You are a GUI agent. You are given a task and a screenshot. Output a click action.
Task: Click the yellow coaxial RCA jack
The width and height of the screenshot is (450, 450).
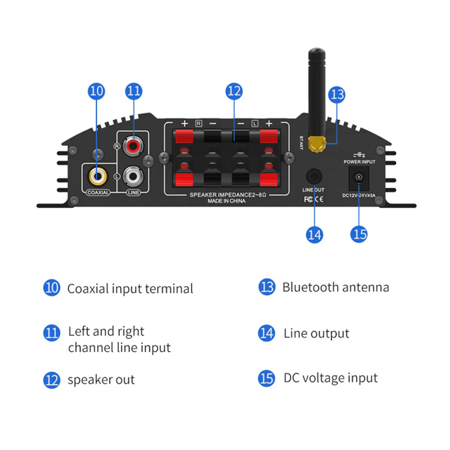pyautogui.click(x=97, y=176)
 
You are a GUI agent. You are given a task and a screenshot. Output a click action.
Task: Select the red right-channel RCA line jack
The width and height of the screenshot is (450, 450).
pyautogui.click(x=133, y=146)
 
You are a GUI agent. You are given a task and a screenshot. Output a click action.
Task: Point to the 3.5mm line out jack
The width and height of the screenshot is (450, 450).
pyautogui.click(x=314, y=177)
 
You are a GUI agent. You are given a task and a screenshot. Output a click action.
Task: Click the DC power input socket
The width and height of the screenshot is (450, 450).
pyautogui.click(x=359, y=178)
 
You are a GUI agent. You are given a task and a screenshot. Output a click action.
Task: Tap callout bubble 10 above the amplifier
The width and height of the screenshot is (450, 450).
pyautogui.click(x=96, y=91)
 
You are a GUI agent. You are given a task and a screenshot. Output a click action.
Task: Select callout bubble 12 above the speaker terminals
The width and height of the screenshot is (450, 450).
pyautogui.click(x=234, y=91)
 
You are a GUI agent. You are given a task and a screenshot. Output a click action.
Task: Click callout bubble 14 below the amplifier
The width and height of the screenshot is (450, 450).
pyautogui.click(x=314, y=235)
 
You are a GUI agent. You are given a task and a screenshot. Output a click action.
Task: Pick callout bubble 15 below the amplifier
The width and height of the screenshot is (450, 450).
pyautogui.click(x=359, y=234)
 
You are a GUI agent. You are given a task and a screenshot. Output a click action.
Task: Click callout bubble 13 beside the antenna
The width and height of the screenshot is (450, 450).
pyautogui.click(x=337, y=95)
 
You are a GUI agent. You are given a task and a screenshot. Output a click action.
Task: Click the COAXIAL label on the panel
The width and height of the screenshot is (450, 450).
pyautogui.click(x=98, y=193)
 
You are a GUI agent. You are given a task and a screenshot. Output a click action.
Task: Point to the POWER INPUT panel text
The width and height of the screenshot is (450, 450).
pyautogui.click(x=359, y=162)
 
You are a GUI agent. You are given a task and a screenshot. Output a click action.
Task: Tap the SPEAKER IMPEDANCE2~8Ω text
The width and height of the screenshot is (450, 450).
pyautogui.click(x=228, y=195)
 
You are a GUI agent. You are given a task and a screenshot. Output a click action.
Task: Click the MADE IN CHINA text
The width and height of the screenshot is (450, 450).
pyautogui.click(x=226, y=201)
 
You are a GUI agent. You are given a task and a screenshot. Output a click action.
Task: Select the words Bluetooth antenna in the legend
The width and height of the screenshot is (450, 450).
pyautogui.click(x=336, y=287)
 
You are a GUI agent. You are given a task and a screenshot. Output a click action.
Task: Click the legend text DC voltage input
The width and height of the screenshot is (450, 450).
pyautogui.click(x=331, y=378)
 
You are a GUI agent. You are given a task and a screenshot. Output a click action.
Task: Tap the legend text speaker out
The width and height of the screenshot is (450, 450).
pyautogui.click(x=101, y=380)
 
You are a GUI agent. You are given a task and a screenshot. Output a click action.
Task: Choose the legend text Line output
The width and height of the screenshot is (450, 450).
pyautogui.click(x=316, y=334)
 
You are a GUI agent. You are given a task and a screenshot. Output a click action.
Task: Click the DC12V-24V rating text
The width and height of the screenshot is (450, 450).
pyautogui.click(x=358, y=195)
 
